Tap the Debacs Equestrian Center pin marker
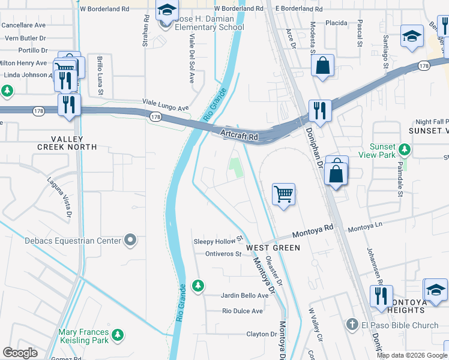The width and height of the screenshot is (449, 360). (130, 241)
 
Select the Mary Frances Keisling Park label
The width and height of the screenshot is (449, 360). (84, 336)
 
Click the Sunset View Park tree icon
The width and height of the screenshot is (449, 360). (406, 148)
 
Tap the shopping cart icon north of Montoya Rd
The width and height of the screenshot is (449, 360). (283, 194)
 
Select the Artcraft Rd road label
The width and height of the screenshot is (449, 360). (239, 136)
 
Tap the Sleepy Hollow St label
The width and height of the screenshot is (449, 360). (217, 241)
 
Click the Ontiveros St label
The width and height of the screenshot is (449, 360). (223, 254)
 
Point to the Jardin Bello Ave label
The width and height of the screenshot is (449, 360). (245, 296)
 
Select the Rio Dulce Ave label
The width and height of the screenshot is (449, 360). (243, 311)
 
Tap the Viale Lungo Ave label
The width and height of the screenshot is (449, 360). (166, 106)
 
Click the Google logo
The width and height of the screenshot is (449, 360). (20, 353)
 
